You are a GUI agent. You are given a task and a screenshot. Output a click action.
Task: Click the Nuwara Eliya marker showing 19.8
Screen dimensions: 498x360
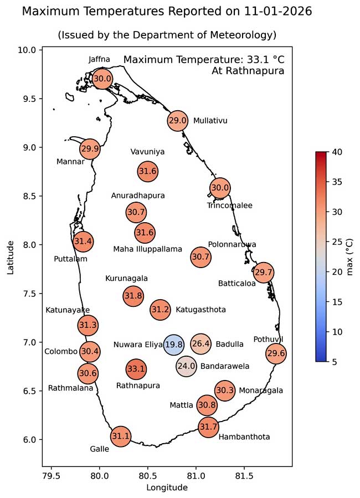[x=173, y=345]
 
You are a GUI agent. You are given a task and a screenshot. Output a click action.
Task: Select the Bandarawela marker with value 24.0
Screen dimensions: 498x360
[x=186, y=366]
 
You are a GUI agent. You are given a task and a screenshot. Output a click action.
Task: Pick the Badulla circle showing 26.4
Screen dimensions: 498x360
[x=200, y=344]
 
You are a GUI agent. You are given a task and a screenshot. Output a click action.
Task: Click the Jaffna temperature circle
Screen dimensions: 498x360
[x=102, y=79]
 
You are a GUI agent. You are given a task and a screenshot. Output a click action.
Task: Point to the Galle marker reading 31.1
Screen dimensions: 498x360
[x=120, y=436]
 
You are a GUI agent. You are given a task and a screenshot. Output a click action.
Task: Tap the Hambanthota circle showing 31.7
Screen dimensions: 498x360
[x=208, y=427]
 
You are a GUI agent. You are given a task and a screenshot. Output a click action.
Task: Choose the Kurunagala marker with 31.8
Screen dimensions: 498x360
[x=133, y=296]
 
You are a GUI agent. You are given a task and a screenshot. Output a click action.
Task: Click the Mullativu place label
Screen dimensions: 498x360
[x=210, y=121]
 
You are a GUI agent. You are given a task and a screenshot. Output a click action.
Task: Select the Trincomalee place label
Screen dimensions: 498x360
[x=229, y=206]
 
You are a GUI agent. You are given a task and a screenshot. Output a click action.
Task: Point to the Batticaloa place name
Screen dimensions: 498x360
[x=236, y=283]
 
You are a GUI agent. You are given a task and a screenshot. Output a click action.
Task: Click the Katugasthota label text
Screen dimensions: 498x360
[x=200, y=310]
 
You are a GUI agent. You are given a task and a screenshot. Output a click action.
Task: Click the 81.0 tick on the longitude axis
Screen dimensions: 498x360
[x=196, y=475]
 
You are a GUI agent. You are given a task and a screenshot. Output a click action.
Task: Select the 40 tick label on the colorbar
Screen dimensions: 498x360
[x=337, y=152]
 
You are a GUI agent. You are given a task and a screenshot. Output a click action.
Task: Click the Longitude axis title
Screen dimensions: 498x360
[x=167, y=487]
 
